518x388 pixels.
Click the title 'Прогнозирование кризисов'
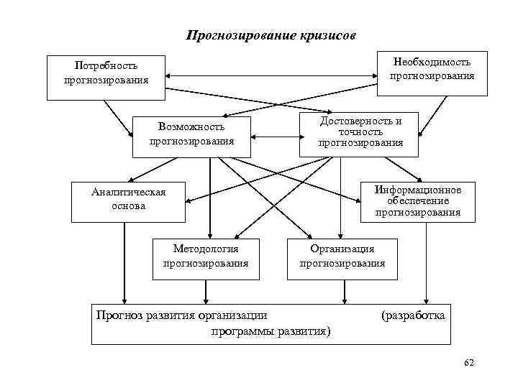pos(270,35)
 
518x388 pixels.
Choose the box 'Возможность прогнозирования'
pos(191,134)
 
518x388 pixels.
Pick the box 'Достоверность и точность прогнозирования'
pos(360,132)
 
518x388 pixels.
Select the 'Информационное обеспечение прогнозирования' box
pos(417,200)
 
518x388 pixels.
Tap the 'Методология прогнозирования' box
pos(206,256)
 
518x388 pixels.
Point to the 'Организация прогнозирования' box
pos(342,256)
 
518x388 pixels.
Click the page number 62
pos(469,364)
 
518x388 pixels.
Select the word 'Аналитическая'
pos(128,192)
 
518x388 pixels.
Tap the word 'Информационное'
pos(417,190)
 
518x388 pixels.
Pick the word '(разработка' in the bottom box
pos(413,315)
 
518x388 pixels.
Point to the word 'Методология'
pos(206,249)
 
